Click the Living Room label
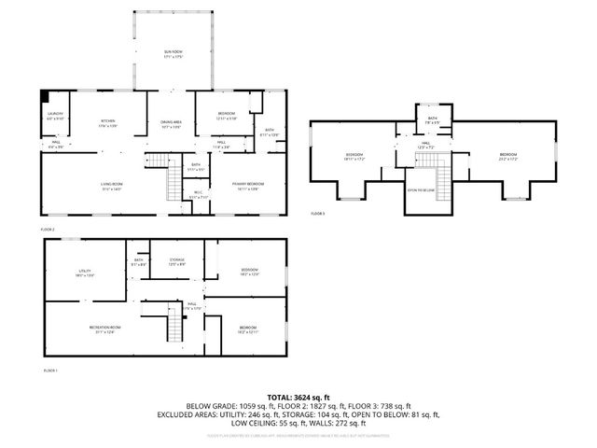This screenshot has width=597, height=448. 112,187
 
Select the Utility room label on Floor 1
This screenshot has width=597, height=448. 84,273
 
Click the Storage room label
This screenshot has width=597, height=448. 176,261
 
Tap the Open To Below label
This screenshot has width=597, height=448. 422,189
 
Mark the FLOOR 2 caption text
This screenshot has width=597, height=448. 49,229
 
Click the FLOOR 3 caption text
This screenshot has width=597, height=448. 318,214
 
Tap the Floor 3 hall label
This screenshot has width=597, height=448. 424,146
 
